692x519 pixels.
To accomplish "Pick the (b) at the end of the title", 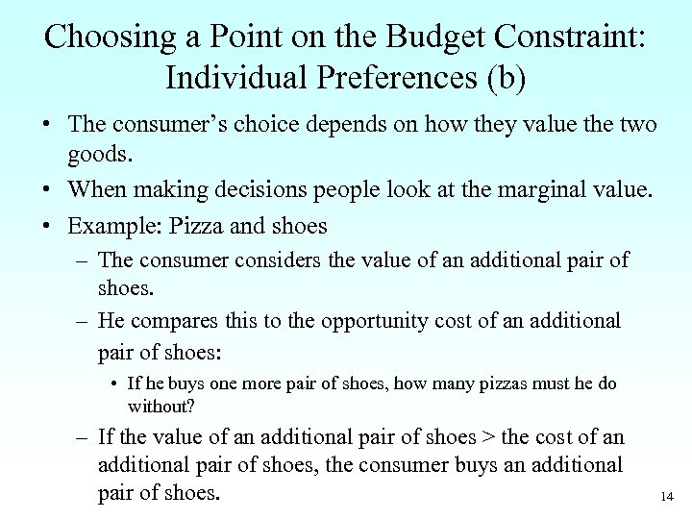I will click(x=506, y=77).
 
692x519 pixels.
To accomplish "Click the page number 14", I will click(x=668, y=497).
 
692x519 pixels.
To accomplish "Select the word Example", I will click(x=107, y=227).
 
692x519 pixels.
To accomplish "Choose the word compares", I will click(x=178, y=320).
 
